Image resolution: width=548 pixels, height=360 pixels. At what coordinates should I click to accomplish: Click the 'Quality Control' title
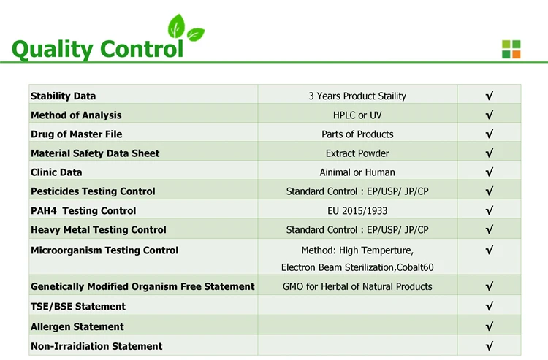pos(98,49)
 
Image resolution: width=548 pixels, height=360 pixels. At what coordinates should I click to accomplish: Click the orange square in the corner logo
pos(516,53)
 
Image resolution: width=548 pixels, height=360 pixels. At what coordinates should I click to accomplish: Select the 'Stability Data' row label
pos(63,96)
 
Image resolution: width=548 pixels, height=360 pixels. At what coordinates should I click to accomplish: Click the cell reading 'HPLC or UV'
pos(357,115)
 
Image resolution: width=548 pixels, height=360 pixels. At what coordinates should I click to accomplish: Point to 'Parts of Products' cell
pos(357,134)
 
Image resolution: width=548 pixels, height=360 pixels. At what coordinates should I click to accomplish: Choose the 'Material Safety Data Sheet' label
pos(95,153)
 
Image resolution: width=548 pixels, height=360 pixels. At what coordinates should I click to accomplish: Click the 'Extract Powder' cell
pos(357,153)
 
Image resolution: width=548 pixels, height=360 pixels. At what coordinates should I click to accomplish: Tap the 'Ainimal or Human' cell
pos(357,172)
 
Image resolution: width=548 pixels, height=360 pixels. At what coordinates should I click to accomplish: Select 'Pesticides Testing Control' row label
pos(93,191)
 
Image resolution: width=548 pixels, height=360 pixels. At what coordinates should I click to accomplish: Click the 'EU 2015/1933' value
pos(357,210)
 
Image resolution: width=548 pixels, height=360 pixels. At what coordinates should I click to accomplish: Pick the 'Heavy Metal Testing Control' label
pos(98,229)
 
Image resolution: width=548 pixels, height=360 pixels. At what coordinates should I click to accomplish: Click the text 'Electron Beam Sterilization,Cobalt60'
pos(357,267)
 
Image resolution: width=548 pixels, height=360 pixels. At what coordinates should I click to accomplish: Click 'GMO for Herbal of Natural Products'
pos(357,286)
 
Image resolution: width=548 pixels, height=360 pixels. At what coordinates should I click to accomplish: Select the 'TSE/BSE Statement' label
pos(78,306)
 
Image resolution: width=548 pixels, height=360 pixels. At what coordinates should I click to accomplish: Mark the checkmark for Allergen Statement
pos(488,326)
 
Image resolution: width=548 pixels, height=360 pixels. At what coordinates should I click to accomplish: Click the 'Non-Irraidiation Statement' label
pos(96,345)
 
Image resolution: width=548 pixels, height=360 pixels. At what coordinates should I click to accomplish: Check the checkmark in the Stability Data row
pos(488,96)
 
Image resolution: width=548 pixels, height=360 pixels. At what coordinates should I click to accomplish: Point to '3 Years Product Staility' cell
pos(357,96)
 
